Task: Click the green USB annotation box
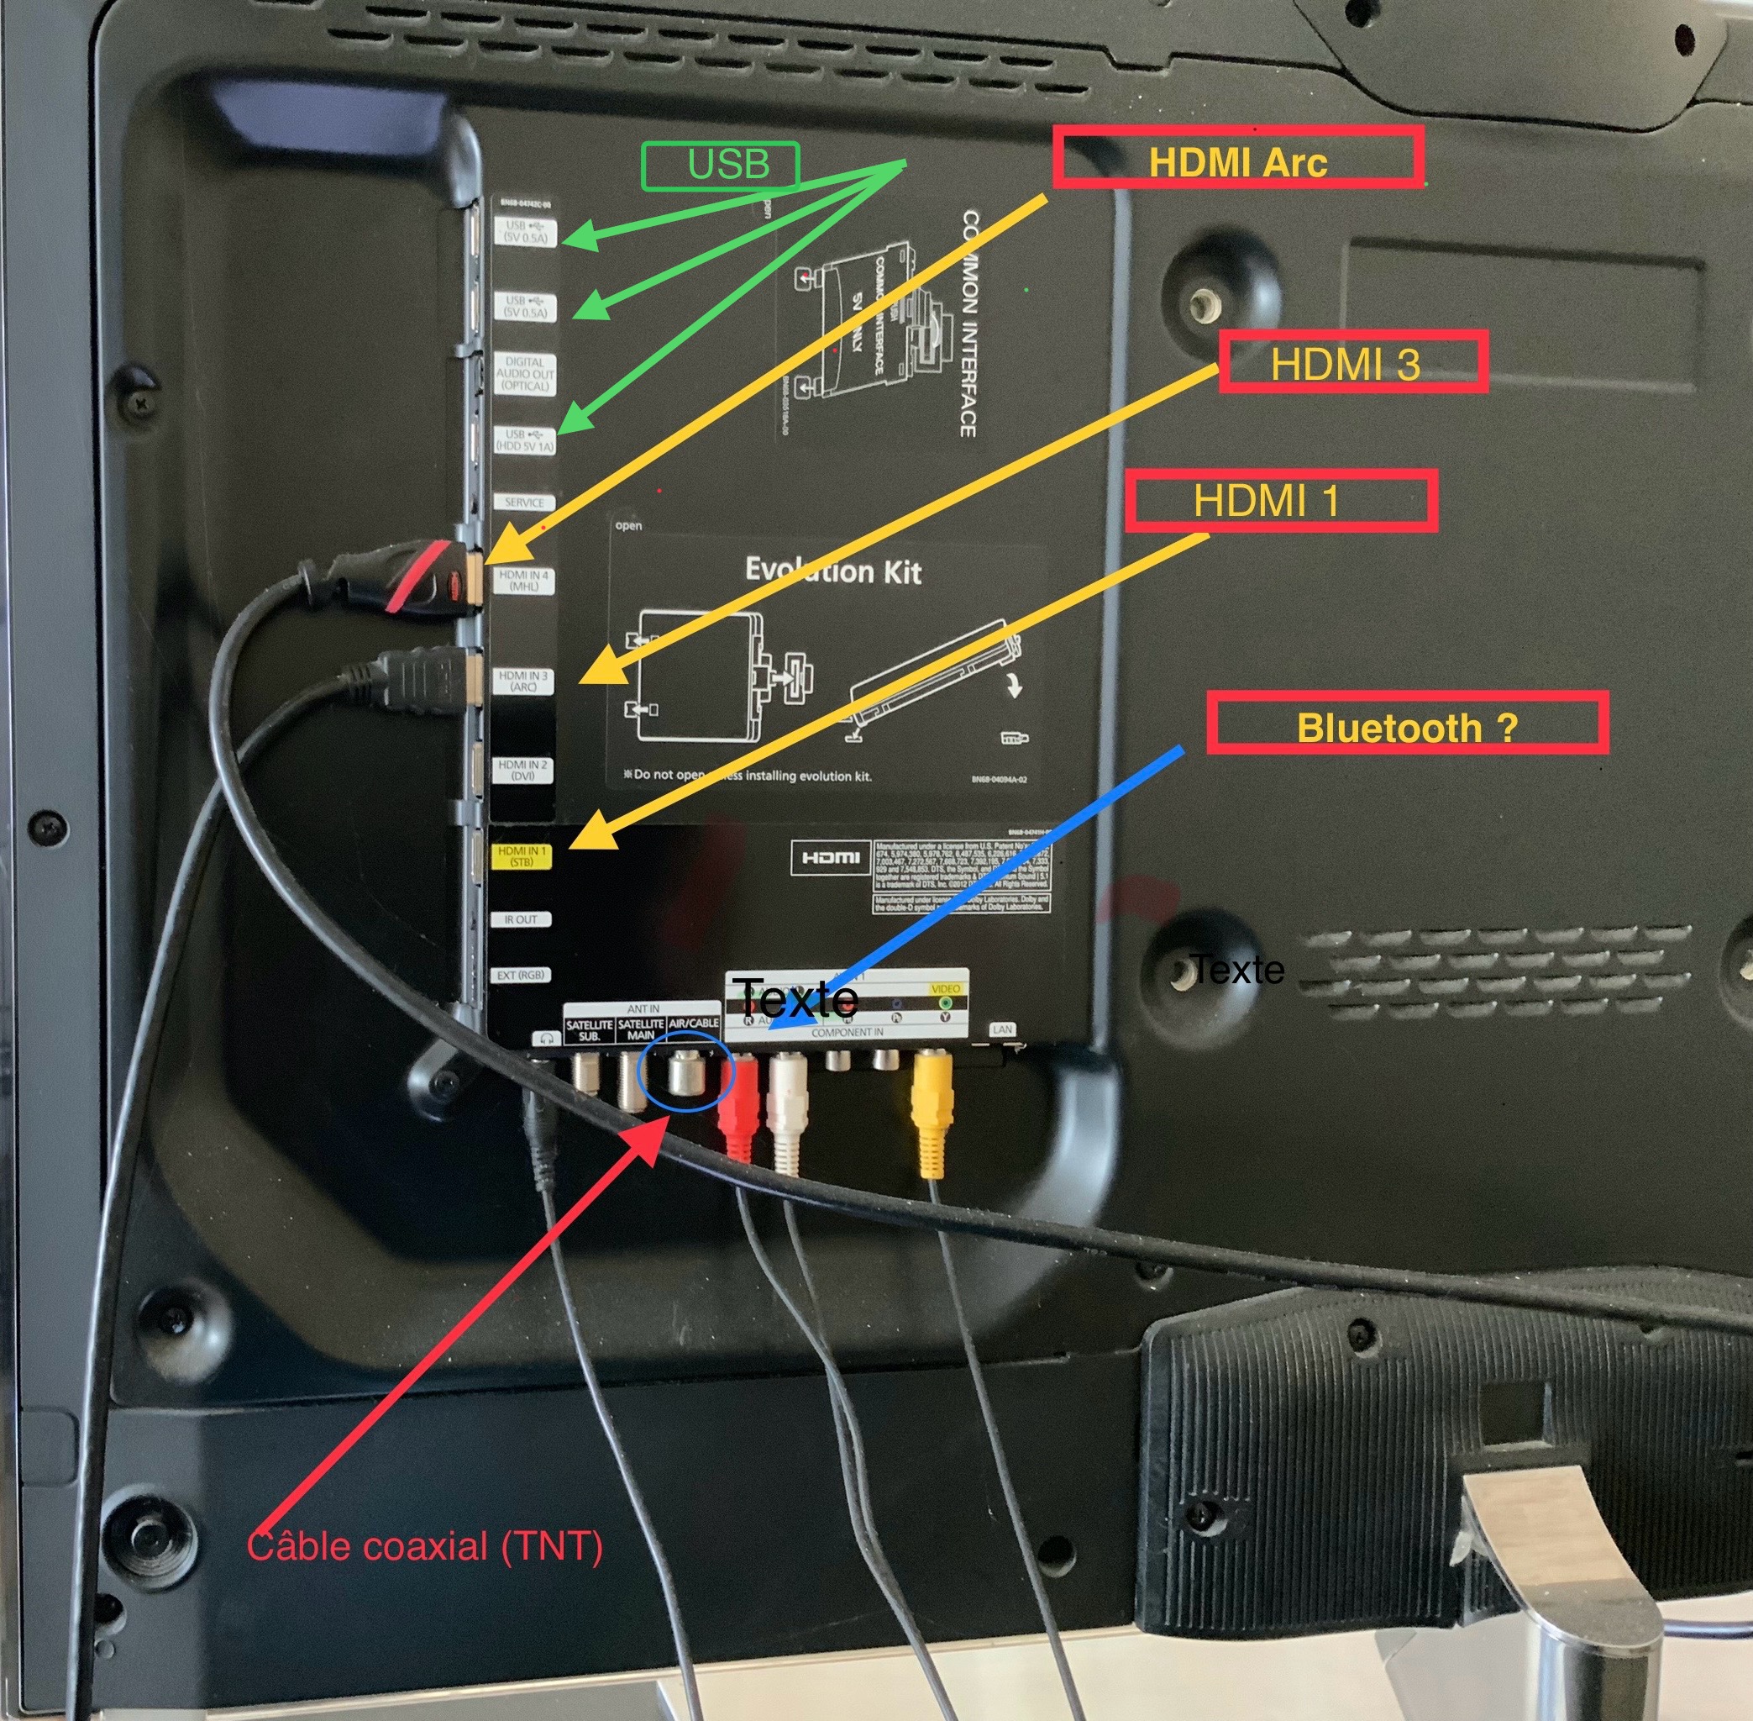pos(720,166)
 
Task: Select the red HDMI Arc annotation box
pos(1237,157)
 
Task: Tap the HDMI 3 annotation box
pos(1351,362)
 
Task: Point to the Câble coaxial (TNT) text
pos(425,1545)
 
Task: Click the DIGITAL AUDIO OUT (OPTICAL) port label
pos(524,373)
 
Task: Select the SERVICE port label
pos(524,503)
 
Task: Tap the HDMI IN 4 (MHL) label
pos(523,581)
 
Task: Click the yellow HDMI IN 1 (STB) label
pos(522,855)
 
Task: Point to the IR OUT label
pos(521,919)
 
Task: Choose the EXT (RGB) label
pos(521,976)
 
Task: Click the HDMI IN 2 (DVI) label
pos(522,769)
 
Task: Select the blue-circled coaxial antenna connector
pos(686,1074)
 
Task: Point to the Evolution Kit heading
pos(832,571)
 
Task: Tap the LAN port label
pos(1002,1029)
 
